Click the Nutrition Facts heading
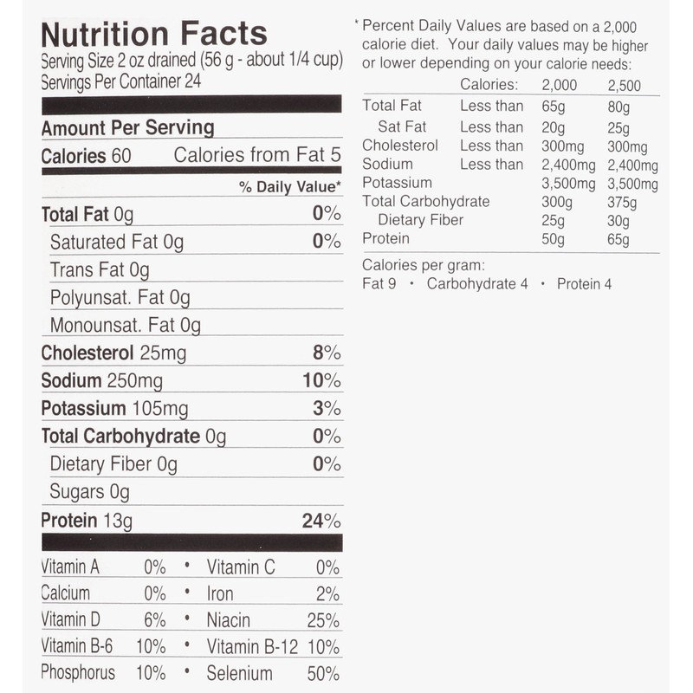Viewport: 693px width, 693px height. [154, 34]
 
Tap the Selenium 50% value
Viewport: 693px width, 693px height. [323, 674]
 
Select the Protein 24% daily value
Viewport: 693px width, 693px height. [321, 521]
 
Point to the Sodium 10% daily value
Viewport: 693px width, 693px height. [321, 380]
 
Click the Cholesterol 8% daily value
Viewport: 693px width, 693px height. [327, 353]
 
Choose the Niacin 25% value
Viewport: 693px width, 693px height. [323, 620]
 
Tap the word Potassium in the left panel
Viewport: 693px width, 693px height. [83, 408]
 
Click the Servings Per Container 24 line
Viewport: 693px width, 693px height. [120, 81]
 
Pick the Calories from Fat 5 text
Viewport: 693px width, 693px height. [257, 155]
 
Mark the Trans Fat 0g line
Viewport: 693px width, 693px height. [100, 269]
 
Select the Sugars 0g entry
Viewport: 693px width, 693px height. [90, 491]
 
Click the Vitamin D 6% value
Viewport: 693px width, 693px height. [155, 620]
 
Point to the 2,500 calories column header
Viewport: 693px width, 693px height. [624, 85]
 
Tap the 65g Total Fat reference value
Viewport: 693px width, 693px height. [554, 107]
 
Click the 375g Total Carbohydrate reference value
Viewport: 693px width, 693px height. [622, 203]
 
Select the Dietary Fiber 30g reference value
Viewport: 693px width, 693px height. [619, 221]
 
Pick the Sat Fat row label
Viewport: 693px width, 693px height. [402, 126]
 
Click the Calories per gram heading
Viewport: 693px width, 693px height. [424, 265]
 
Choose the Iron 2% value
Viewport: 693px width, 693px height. [327, 594]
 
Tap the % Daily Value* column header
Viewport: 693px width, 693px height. [290, 187]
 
